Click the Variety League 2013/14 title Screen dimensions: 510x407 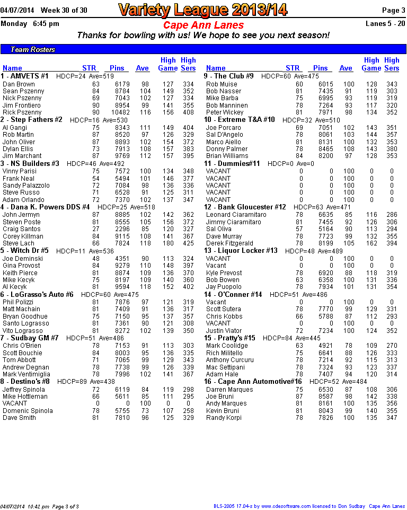coord(203,10)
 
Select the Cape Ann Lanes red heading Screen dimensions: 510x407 coord(203,25)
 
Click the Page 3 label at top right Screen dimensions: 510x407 coord(394,10)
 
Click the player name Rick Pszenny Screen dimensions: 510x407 coord(22,112)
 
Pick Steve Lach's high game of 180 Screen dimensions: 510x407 coord(168,243)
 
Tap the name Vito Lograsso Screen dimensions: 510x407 coord(23,330)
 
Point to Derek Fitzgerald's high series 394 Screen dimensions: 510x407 coord(392,243)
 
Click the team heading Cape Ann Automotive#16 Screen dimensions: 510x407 coord(253,382)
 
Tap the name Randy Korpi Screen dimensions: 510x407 coord(224,418)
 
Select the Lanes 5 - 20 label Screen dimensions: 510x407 coord(385,23)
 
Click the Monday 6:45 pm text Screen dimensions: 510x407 coord(30,23)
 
